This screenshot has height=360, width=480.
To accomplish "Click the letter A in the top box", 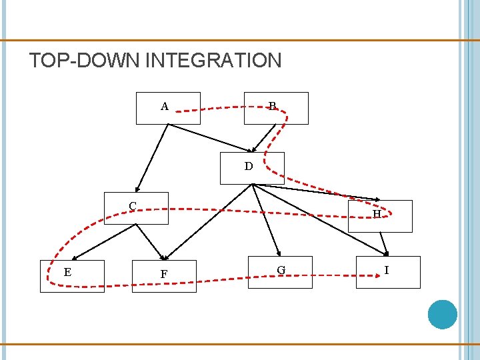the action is coord(164,106).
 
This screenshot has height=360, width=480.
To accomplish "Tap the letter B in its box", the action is coord(272,106).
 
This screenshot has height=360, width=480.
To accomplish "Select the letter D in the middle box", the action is coord(249,167).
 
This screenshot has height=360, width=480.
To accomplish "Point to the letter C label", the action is coord(133,206).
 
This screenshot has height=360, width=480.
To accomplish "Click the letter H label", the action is coord(377,214).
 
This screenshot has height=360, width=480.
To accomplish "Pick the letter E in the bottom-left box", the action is coord(67,272).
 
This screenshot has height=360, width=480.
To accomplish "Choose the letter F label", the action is coord(163,274).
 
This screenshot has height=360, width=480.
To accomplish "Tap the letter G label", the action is coord(281,270).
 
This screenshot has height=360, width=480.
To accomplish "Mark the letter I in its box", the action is coord(386,270).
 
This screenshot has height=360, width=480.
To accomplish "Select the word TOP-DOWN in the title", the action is coord(85,61).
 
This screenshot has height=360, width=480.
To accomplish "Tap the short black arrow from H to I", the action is coord(383,243).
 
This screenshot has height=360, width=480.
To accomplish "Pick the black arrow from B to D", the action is coord(265,137).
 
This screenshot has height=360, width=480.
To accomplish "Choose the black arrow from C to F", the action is coord(149,241).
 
